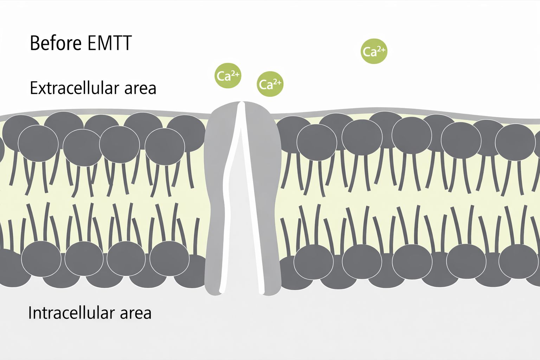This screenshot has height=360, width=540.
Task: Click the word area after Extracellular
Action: point(140,88)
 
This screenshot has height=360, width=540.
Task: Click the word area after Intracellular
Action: point(136,313)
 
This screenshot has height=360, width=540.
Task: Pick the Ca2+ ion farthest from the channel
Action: point(374,51)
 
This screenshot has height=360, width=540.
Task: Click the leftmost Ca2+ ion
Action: point(228,75)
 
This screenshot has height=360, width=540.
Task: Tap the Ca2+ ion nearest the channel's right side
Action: point(270,84)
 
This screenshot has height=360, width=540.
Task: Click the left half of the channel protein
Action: point(218,197)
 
